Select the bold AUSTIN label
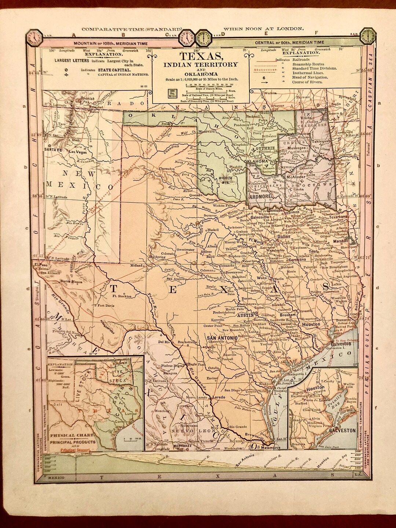[x=245, y=315]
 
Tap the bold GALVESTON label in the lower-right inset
[x=342, y=430]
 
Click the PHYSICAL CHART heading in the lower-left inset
[x=68, y=436]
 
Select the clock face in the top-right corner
[x=367, y=37]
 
